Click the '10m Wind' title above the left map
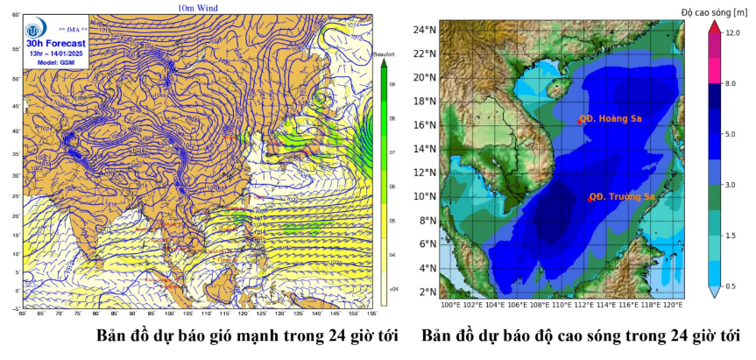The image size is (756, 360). [197, 8]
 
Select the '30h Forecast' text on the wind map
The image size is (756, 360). [57, 43]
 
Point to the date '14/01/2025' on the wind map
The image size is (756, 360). [68, 53]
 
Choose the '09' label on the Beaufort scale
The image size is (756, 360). [392, 85]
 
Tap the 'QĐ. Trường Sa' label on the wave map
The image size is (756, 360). [621, 197]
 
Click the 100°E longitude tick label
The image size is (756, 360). [451, 305]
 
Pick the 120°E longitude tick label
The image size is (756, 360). [672, 305]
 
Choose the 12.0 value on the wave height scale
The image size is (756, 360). [732, 33]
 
